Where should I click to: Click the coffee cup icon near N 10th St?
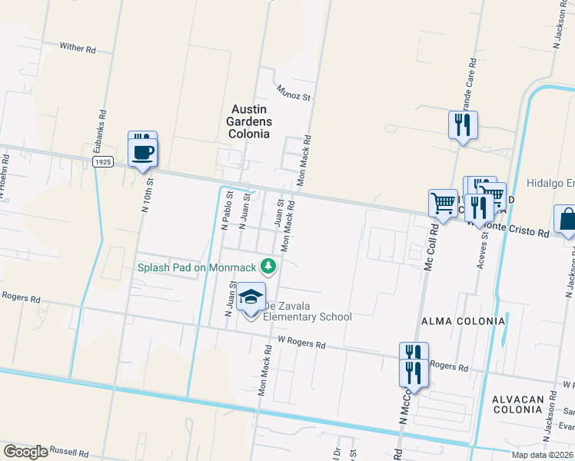coord(142,149)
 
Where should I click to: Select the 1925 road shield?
coord(104,163)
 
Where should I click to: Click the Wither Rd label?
coord(77,48)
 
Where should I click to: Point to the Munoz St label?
coord(294,91)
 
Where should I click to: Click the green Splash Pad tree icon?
coord(268,267)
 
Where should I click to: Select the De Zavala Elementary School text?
coord(308,317)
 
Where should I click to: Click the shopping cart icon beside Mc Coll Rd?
coord(443,204)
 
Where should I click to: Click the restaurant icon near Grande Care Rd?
coord(463,124)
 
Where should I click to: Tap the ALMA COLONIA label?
coord(463,320)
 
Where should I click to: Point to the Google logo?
coord(25,452)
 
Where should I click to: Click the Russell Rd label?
coord(71,450)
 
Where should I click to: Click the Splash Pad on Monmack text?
coord(197,267)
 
